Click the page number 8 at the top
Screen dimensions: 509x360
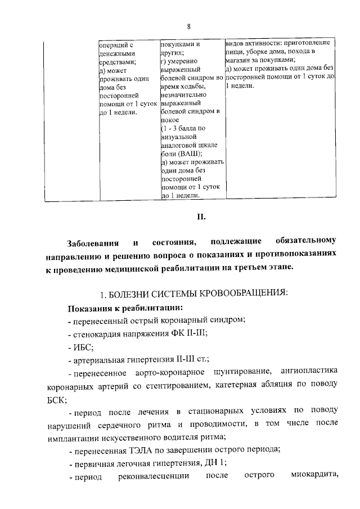[189, 27]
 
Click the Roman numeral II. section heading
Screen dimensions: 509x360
[189, 215]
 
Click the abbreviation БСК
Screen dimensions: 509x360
[56, 400]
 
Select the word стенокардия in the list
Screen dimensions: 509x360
[93, 332]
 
